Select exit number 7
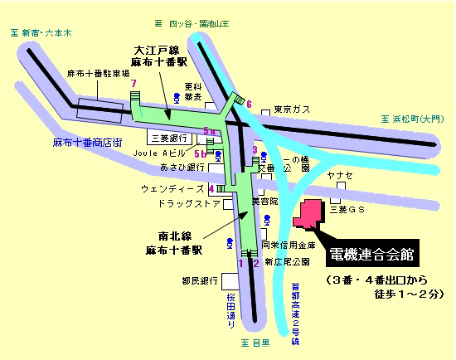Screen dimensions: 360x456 (133, 84)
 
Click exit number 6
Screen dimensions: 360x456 (249, 103)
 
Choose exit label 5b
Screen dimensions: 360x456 (199, 153)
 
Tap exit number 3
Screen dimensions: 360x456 (255, 149)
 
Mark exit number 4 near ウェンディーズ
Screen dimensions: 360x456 (211, 189)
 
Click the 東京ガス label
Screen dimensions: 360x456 (291, 109)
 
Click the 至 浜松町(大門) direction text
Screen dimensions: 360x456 (413, 119)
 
